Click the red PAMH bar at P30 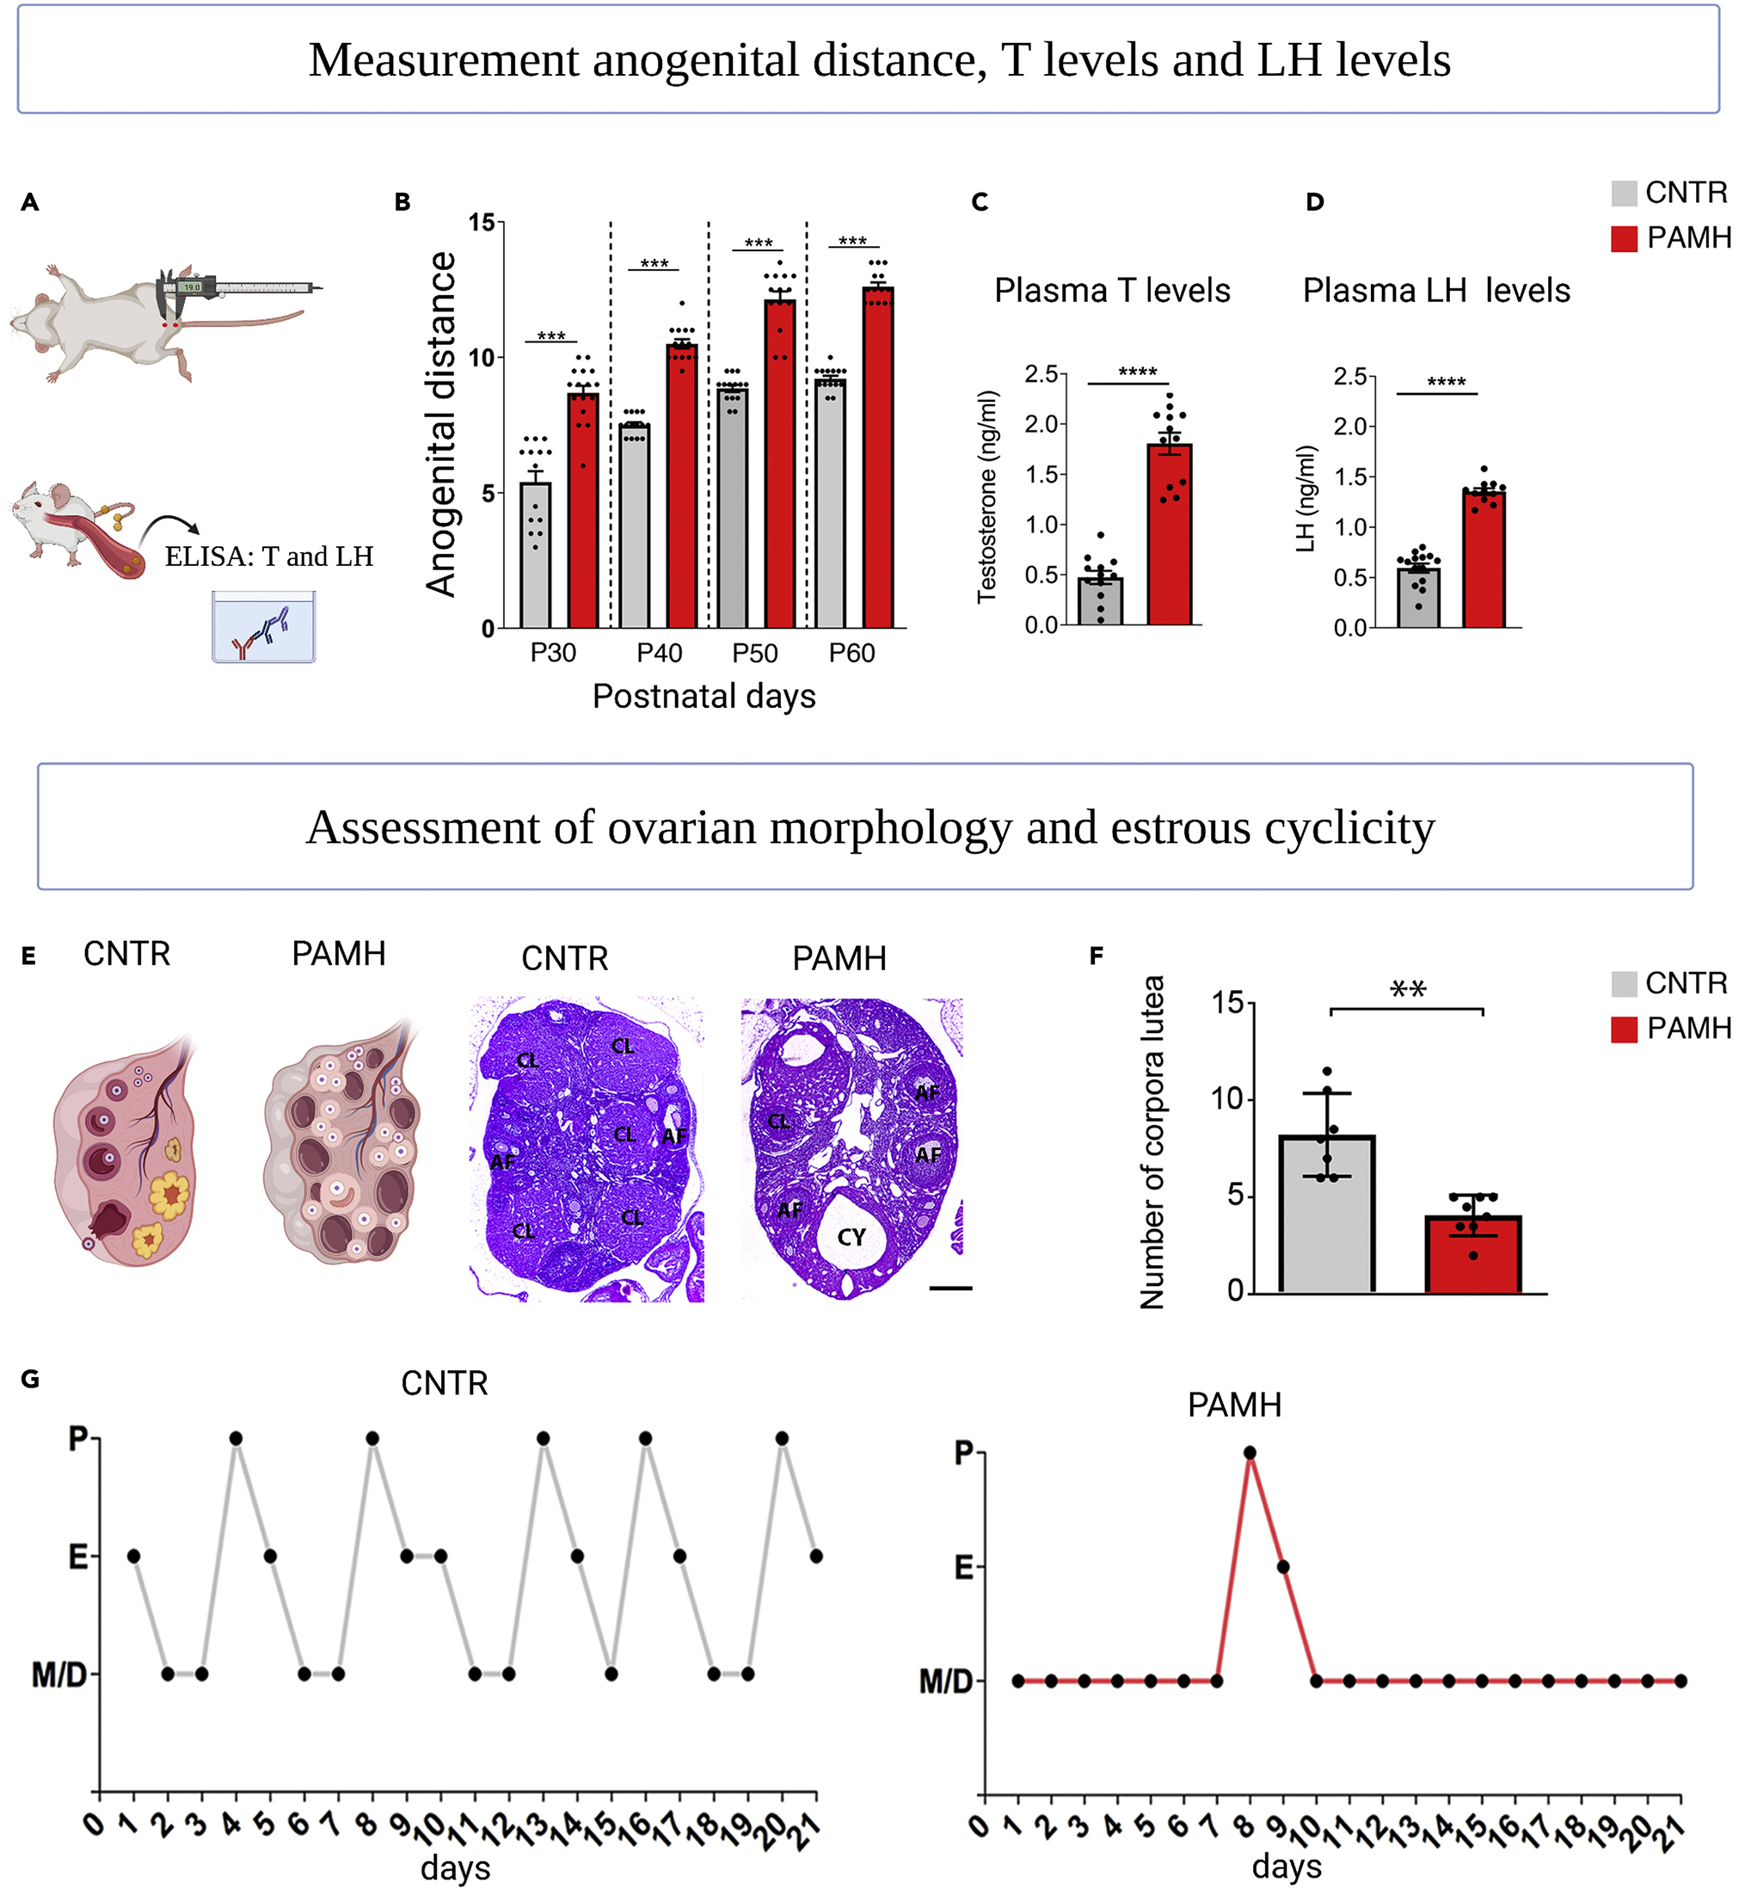(x=583, y=513)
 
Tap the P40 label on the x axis (x=659, y=653)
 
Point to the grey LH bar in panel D (x=1418, y=598)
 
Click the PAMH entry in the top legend (x=1688, y=238)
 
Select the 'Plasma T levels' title (x=1111, y=291)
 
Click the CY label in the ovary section (x=851, y=1237)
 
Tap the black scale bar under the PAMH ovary (x=950, y=1288)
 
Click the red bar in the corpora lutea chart (x=1472, y=1255)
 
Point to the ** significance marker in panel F (x=1408, y=990)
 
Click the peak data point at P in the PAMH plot (x=1250, y=1453)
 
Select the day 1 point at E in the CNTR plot (x=133, y=1556)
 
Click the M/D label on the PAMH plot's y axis (x=946, y=1682)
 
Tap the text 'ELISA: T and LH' (x=269, y=557)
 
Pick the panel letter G (x=30, y=1380)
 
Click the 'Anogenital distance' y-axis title (x=440, y=423)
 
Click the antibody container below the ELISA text (x=263, y=628)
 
